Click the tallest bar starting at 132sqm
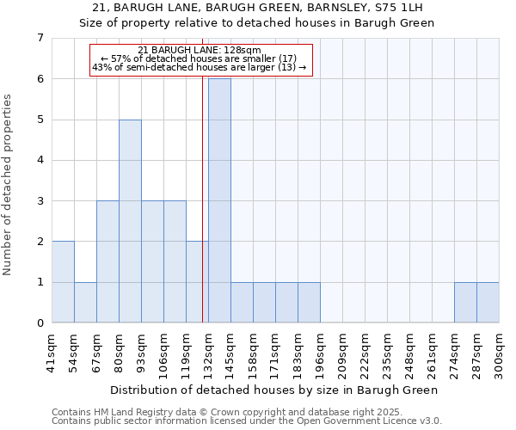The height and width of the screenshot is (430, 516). click(x=219, y=200)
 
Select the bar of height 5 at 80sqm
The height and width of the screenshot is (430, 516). click(x=130, y=221)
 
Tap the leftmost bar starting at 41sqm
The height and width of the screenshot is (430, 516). click(x=63, y=282)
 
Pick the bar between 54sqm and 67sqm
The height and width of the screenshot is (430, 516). click(x=85, y=302)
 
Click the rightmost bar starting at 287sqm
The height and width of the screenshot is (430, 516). click(x=488, y=302)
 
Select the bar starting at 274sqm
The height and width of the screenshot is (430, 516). click(x=465, y=302)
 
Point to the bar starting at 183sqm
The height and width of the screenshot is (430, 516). click(x=309, y=302)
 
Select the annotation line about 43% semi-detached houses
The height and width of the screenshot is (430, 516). click(x=200, y=68)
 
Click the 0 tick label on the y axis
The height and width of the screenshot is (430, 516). click(x=40, y=323)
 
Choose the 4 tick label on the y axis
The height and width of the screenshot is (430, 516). click(x=40, y=160)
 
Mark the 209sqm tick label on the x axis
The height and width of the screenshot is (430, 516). click(x=342, y=353)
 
